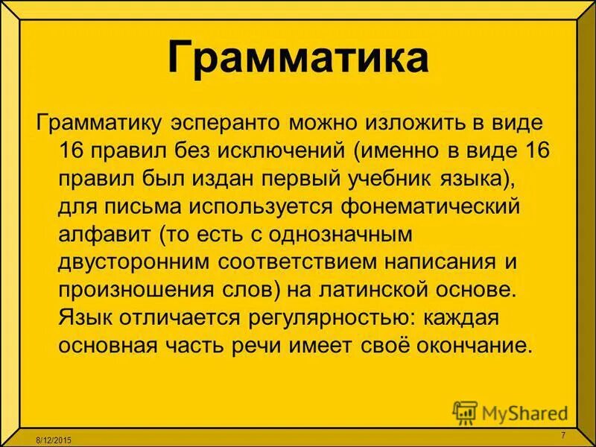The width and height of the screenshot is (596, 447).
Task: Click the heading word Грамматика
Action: [298, 58]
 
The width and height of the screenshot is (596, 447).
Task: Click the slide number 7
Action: [562, 435]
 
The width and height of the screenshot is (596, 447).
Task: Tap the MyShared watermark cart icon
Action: [465, 412]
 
